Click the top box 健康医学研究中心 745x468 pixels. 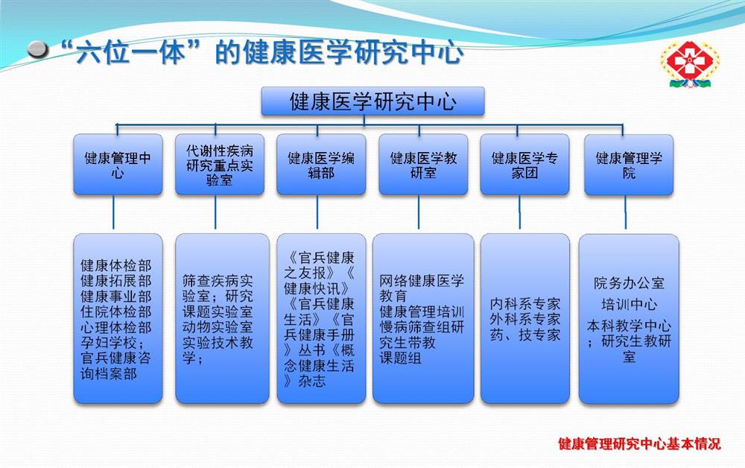point(372,101)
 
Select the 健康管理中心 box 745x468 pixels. point(118,165)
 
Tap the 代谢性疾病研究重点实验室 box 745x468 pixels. point(220,165)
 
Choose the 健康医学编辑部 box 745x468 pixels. point(321,165)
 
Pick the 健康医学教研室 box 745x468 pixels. point(423,165)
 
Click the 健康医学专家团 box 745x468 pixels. point(524,165)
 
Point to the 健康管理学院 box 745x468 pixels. point(629,165)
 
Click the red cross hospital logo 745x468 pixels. point(690,64)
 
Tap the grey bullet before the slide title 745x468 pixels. point(38,49)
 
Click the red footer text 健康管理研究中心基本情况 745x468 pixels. point(639,443)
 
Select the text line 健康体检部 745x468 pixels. point(116,265)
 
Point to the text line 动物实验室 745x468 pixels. point(218,327)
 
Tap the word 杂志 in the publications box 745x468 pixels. point(312,381)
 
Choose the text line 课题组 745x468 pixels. point(400,358)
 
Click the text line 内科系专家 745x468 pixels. point(525,303)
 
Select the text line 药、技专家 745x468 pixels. point(525,335)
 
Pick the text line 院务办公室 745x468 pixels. point(629,283)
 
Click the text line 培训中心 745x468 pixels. point(629,304)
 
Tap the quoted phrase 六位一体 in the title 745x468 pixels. point(129,51)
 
